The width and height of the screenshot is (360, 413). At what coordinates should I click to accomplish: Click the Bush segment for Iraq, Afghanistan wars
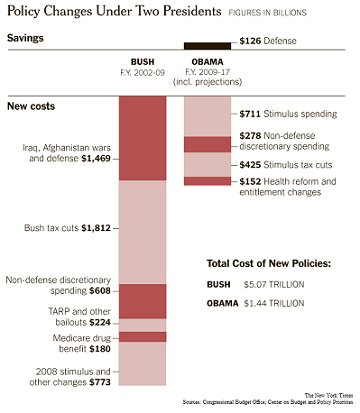coord(143,140)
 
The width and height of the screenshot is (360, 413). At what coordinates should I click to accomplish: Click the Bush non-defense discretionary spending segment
coord(143,300)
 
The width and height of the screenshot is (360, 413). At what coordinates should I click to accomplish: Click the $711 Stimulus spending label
coord(290,115)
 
